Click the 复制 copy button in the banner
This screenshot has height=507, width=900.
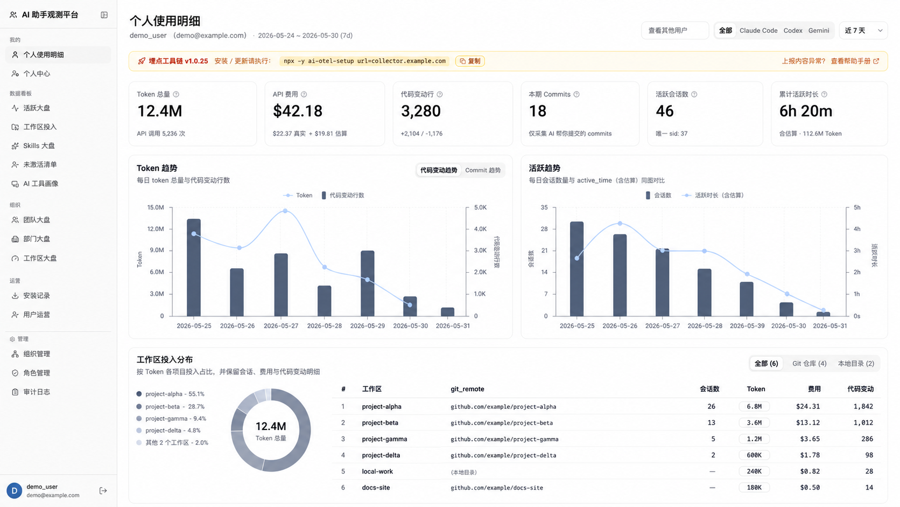(470, 61)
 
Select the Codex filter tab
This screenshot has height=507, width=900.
(792, 31)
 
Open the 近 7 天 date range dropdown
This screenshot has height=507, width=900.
(863, 31)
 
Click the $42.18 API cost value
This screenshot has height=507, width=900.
(297, 111)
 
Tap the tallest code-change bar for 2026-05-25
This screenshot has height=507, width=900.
(194, 267)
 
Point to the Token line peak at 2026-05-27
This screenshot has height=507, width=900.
(285, 211)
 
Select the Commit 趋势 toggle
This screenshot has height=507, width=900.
(482, 170)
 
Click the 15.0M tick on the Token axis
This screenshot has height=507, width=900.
(156, 207)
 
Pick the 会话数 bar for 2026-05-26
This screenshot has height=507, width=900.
(620, 275)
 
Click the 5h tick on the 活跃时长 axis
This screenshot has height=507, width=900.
(857, 207)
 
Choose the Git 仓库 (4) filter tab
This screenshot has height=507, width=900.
(809, 364)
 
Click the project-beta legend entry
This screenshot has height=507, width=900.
(170, 406)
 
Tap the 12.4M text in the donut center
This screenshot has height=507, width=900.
(271, 426)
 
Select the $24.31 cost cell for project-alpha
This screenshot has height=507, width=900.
(807, 406)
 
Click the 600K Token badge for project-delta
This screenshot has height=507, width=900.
(754, 455)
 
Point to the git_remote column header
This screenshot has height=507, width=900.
(467, 389)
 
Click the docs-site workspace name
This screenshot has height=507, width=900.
(376, 488)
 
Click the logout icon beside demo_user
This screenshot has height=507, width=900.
(103, 490)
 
